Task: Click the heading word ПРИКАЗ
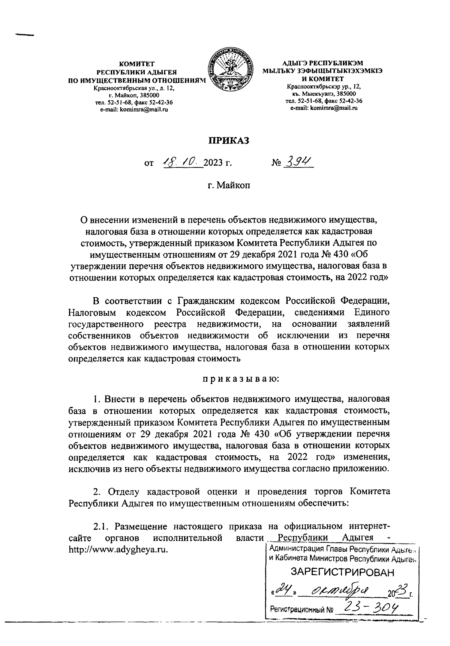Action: point(229,140)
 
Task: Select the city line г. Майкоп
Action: point(229,185)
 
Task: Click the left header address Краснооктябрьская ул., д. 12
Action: point(134,89)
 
